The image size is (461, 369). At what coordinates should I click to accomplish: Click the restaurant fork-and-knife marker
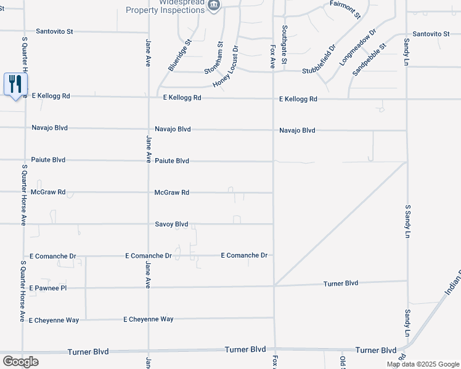pyautogui.click(x=15, y=84)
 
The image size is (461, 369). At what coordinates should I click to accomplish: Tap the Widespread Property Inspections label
pyautogui.click(x=166, y=6)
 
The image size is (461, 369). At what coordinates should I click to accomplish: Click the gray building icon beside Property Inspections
pyautogui.click(x=214, y=6)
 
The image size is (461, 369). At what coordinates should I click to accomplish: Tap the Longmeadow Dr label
pyautogui.click(x=358, y=47)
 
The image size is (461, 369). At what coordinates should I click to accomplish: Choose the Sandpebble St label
pyautogui.click(x=369, y=59)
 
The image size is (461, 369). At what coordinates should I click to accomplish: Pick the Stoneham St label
pyautogui.click(x=220, y=57)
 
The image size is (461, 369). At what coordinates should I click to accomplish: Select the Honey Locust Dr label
pyautogui.click(x=226, y=66)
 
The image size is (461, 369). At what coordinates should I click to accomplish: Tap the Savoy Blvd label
pyautogui.click(x=171, y=224)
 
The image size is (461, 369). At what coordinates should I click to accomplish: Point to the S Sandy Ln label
pyautogui.click(x=407, y=221)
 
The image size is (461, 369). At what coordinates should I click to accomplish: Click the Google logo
pyautogui.click(x=20, y=361)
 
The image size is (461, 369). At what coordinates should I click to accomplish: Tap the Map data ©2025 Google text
pyautogui.click(x=422, y=364)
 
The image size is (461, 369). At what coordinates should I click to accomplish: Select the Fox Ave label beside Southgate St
pyautogui.click(x=272, y=55)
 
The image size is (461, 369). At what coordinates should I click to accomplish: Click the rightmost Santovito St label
pyautogui.click(x=432, y=34)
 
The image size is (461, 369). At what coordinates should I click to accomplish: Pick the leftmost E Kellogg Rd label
pyautogui.click(x=51, y=96)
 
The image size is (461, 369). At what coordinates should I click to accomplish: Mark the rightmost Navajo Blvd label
pyautogui.click(x=297, y=130)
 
